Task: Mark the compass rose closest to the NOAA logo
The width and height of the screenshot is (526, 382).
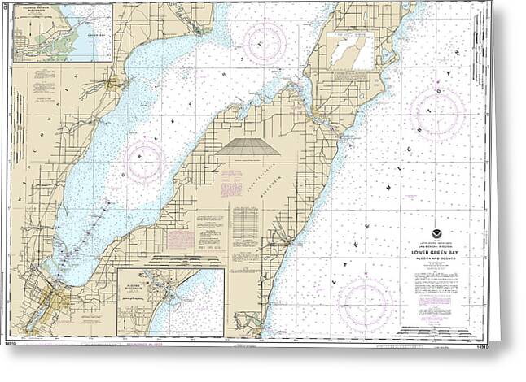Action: point(365,303)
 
